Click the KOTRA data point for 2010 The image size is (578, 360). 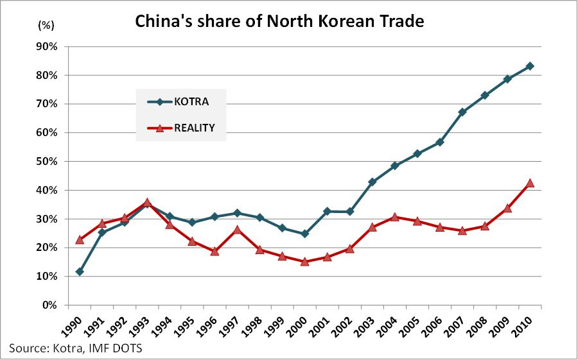click(x=530, y=66)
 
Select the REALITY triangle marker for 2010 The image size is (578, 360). click(x=530, y=183)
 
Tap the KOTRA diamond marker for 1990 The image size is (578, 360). click(x=80, y=271)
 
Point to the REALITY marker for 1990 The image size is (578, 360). click(x=80, y=239)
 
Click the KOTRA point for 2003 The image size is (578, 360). click(x=372, y=182)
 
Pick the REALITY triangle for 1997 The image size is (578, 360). click(x=237, y=230)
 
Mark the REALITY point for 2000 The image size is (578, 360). click(x=304, y=262)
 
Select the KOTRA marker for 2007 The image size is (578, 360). click(x=462, y=112)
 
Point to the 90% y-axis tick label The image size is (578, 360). click(x=49, y=47)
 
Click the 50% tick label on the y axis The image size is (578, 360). click(x=49, y=162)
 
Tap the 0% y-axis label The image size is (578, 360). click(x=52, y=305)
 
